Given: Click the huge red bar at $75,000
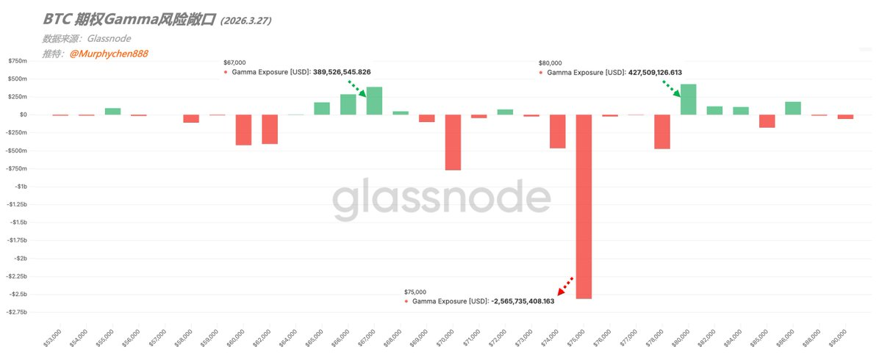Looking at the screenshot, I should (584, 206).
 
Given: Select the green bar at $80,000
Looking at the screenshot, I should (689, 99).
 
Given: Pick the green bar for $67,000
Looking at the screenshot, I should (374, 101).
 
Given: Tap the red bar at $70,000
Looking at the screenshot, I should (453, 142).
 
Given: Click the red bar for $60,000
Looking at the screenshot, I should (243, 129).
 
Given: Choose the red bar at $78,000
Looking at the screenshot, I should (662, 132).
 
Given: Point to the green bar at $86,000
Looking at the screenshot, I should (793, 108).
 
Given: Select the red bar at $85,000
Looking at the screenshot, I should (767, 121).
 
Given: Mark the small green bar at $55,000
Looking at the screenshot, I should (112, 111).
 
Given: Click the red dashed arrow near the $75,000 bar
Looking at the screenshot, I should (565, 285).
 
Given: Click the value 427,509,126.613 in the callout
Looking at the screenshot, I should (655, 73).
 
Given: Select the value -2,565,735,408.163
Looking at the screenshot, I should (523, 301).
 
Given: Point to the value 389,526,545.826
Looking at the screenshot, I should (342, 72).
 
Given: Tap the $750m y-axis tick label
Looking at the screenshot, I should (18, 61).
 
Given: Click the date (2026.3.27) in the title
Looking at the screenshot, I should (245, 21).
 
